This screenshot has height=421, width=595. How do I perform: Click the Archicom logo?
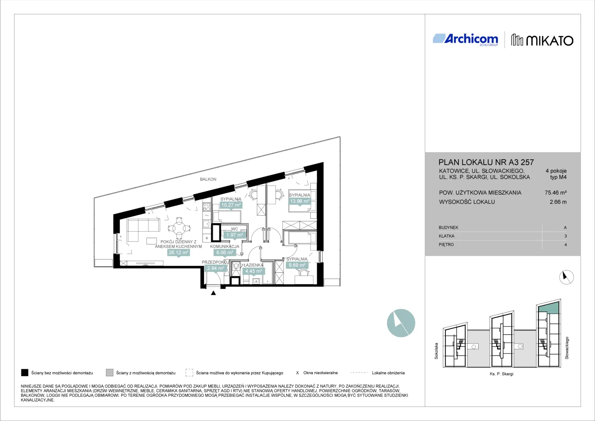click(465, 40)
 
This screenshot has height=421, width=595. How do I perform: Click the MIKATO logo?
click(542, 41)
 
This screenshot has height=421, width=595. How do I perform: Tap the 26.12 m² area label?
click(178, 252)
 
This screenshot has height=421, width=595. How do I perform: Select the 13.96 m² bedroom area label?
click(299, 201)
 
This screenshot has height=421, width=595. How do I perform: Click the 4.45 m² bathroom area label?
click(253, 271)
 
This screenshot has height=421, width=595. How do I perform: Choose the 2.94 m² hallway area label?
click(215, 268)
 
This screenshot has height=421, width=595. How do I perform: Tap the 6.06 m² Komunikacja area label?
click(225, 252)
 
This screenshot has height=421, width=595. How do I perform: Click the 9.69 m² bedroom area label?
click(297, 265)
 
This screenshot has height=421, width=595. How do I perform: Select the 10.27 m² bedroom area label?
click(231, 205)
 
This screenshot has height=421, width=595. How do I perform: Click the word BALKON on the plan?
click(208, 179)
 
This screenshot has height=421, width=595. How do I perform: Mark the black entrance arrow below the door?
click(213, 293)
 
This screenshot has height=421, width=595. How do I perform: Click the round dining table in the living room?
click(179, 228)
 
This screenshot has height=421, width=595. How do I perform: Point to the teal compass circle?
click(401, 323)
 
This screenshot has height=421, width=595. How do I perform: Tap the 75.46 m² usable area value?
click(556, 193)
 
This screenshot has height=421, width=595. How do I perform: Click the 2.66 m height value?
click(558, 202)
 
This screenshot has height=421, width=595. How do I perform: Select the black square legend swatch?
click(25, 373)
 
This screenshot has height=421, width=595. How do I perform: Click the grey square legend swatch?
click(109, 373)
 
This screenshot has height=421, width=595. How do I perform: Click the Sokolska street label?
click(436, 351)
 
